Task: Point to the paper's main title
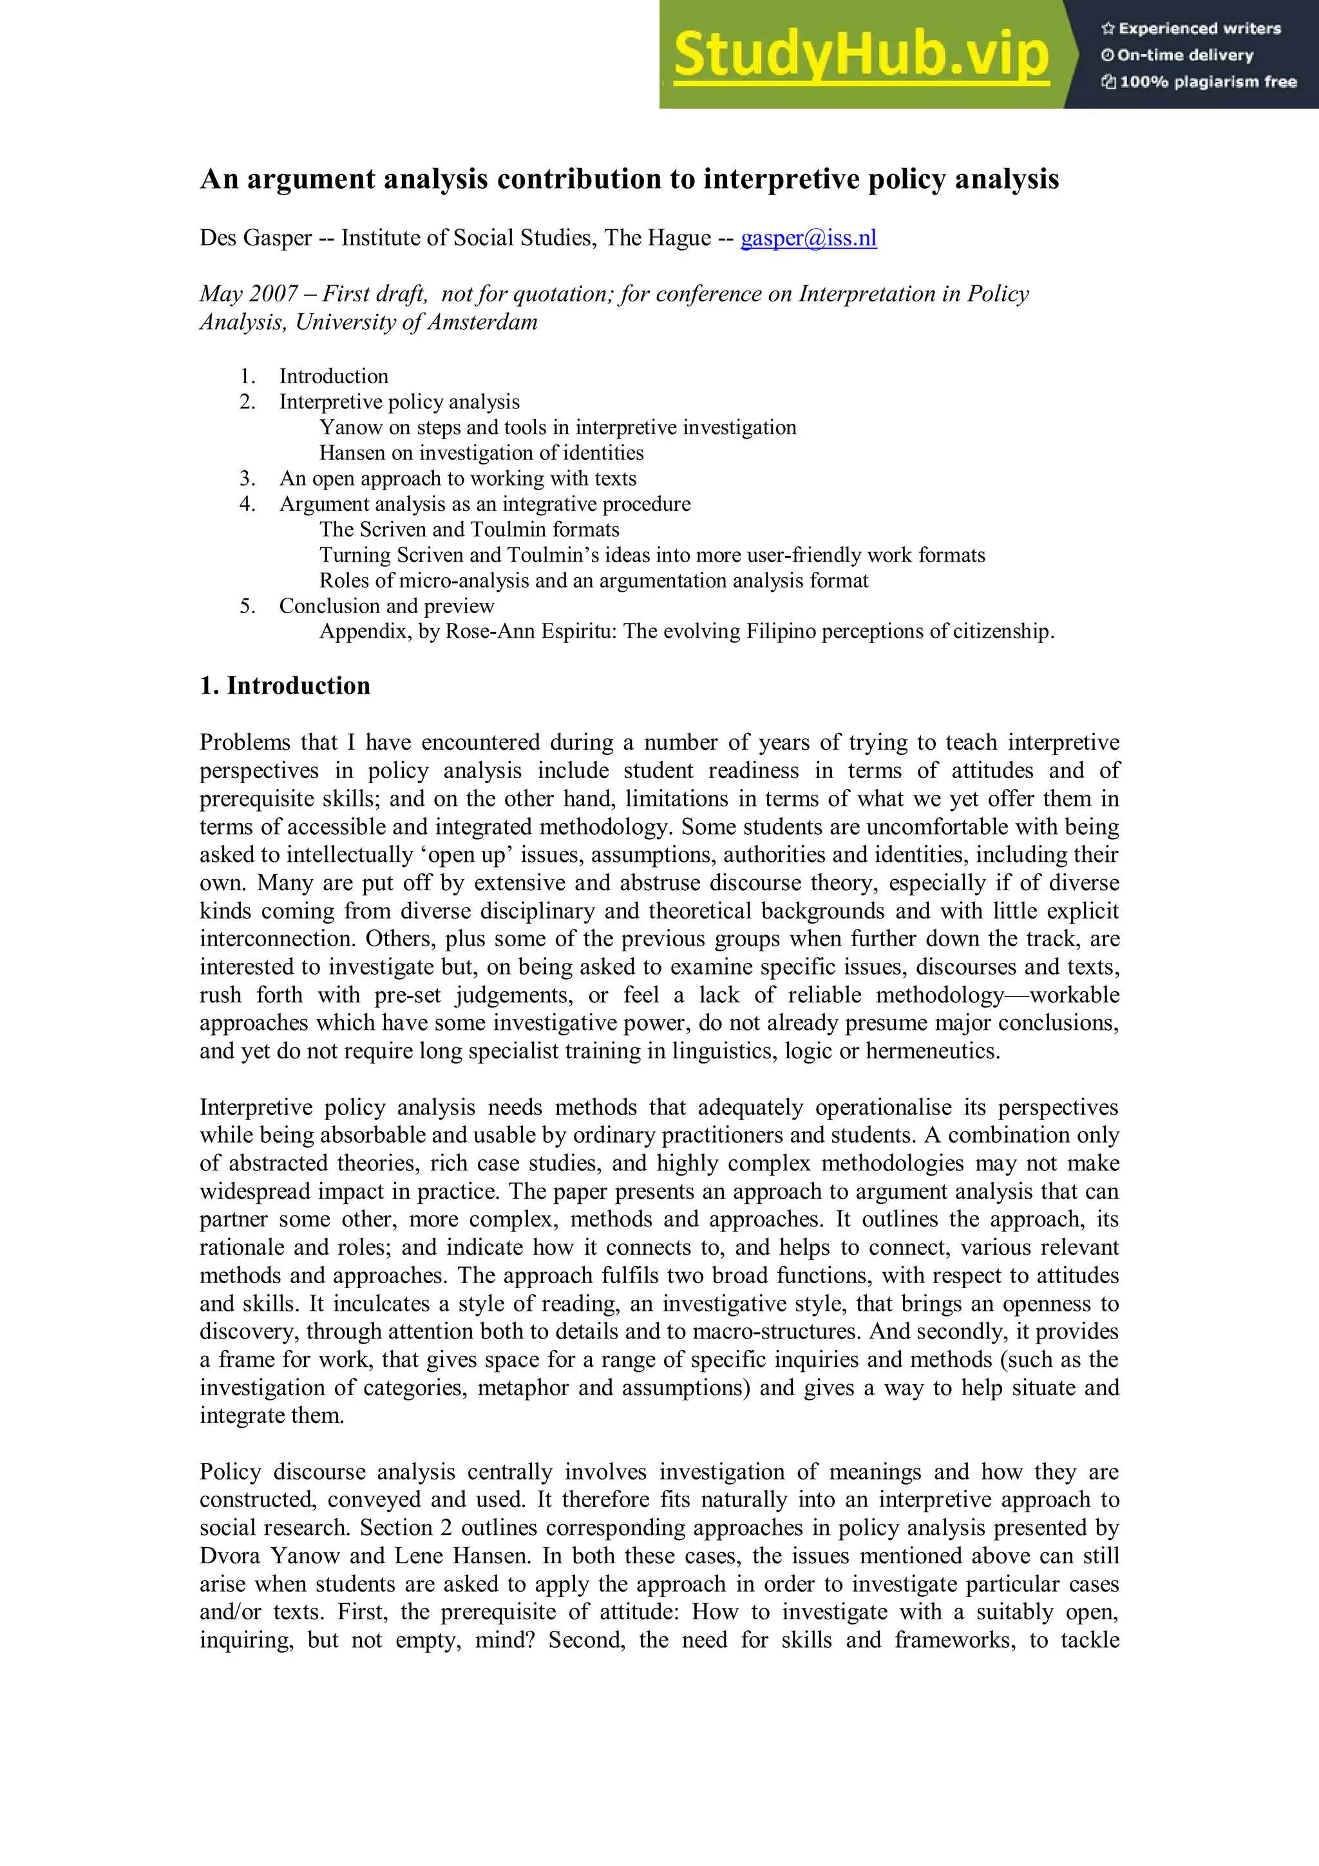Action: coord(629,179)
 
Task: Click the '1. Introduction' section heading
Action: coord(285,685)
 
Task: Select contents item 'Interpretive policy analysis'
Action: coord(399,401)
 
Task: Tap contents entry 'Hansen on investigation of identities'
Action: coord(481,453)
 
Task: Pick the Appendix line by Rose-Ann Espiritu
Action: coord(686,631)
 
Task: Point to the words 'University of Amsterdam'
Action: coord(416,322)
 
